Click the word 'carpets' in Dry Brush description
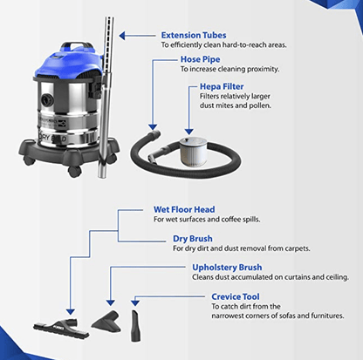coord(310,248)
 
